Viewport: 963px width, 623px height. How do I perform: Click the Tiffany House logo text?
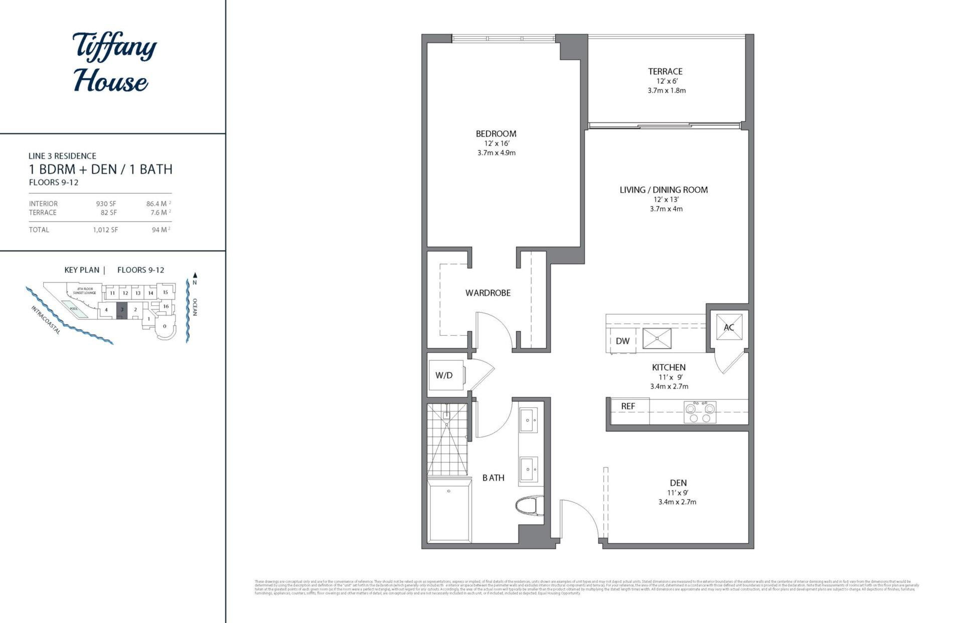pyautogui.click(x=114, y=63)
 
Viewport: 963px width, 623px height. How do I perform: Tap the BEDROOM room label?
pyautogui.click(x=496, y=134)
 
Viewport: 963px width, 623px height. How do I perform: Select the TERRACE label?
pyautogui.click(x=665, y=72)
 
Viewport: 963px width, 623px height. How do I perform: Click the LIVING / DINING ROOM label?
pyautogui.click(x=664, y=190)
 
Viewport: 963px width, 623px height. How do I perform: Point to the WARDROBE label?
pyautogui.click(x=488, y=293)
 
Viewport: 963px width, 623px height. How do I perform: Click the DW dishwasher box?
pyautogui.click(x=622, y=341)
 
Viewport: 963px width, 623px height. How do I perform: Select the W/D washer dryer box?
pyautogui.click(x=444, y=375)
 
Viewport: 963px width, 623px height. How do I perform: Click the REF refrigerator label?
pyautogui.click(x=628, y=406)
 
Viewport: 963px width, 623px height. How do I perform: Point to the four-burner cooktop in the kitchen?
pyautogui.click(x=700, y=412)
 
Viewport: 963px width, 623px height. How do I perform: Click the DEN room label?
pyautogui.click(x=678, y=483)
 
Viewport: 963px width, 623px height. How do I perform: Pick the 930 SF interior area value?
pyautogui.click(x=106, y=204)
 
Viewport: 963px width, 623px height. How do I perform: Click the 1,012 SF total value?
pyautogui.click(x=105, y=230)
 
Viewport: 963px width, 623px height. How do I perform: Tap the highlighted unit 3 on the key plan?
pyautogui.click(x=121, y=310)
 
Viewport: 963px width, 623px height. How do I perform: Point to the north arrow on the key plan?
pyautogui.click(x=195, y=275)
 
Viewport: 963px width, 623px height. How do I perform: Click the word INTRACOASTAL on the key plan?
pyautogui.click(x=46, y=320)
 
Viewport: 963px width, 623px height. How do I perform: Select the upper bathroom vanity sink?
pyautogui.click(x=528, y=420)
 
